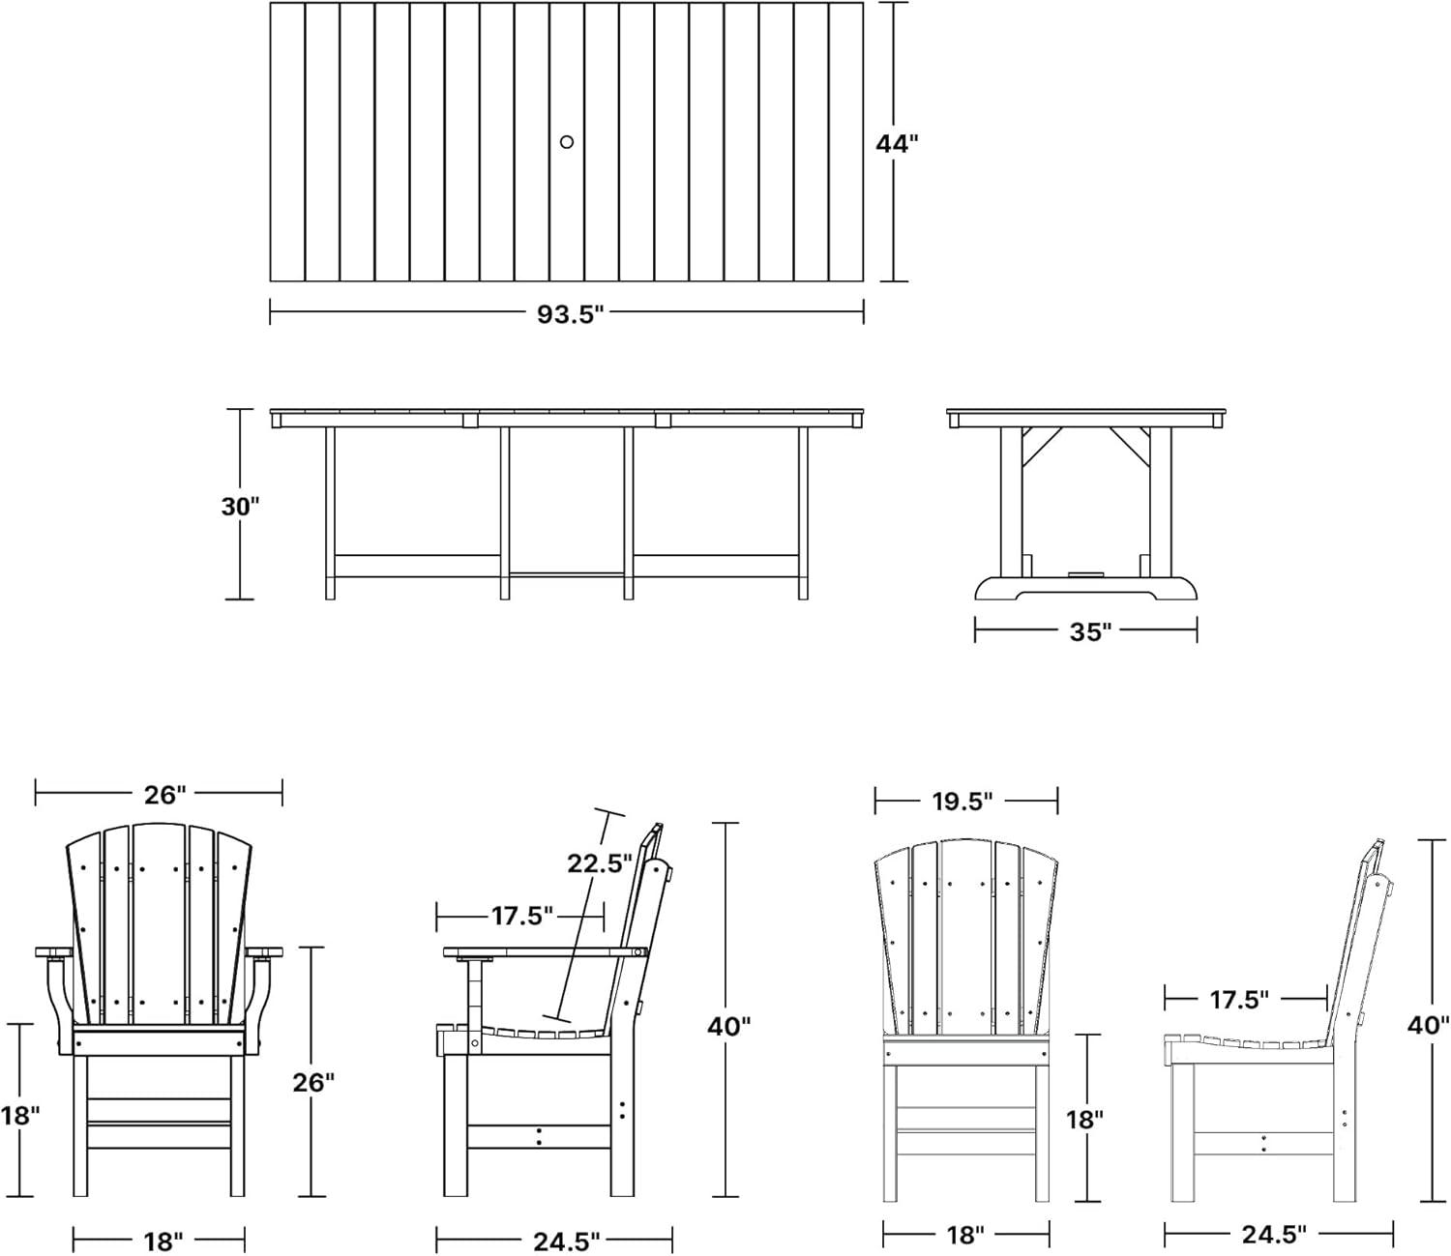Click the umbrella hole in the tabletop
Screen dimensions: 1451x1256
[567, 142]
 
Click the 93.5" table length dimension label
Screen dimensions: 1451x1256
[570, 315]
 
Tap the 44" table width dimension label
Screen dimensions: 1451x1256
[897, 144]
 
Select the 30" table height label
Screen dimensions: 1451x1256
[240, 506]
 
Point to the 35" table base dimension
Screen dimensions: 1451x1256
[1091, 632]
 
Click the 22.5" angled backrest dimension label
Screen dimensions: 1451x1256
[600, 863]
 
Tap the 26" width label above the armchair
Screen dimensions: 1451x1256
[165, 795]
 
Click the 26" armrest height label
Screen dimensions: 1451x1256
[313, 1083]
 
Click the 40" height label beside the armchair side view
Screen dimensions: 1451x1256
[728, 1027]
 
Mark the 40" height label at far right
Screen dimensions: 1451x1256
[1428, 1025]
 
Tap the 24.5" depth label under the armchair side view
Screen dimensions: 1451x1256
[567, 1241]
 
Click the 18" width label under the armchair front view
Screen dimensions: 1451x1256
[163, 1241]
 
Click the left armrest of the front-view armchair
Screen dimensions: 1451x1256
[53, 952]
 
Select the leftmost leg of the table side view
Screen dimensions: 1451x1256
[330, 513]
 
